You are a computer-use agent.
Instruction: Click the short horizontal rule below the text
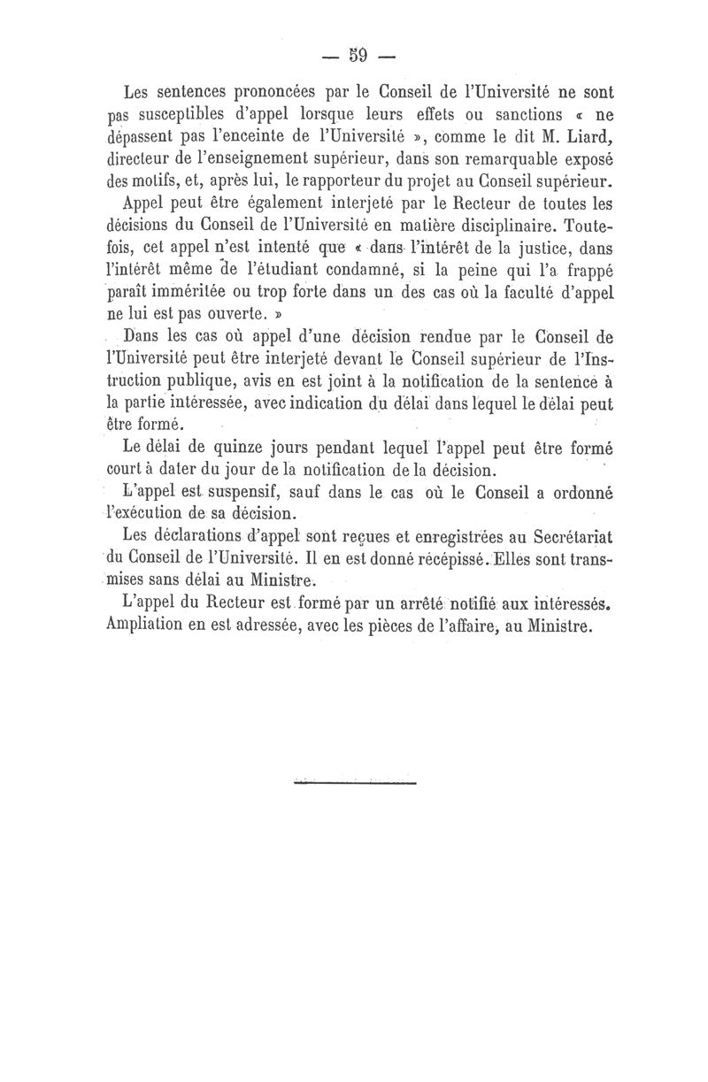(353, 781)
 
